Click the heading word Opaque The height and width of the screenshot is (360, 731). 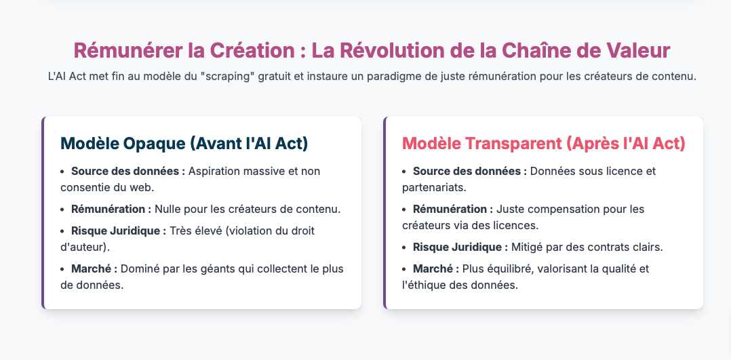[151, 143]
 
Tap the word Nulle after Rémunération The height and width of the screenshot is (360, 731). [168, 209]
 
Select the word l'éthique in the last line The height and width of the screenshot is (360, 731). [422, 285]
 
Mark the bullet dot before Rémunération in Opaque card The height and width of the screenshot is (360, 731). [63, 209]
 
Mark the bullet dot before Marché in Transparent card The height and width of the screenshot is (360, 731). [405, 268]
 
